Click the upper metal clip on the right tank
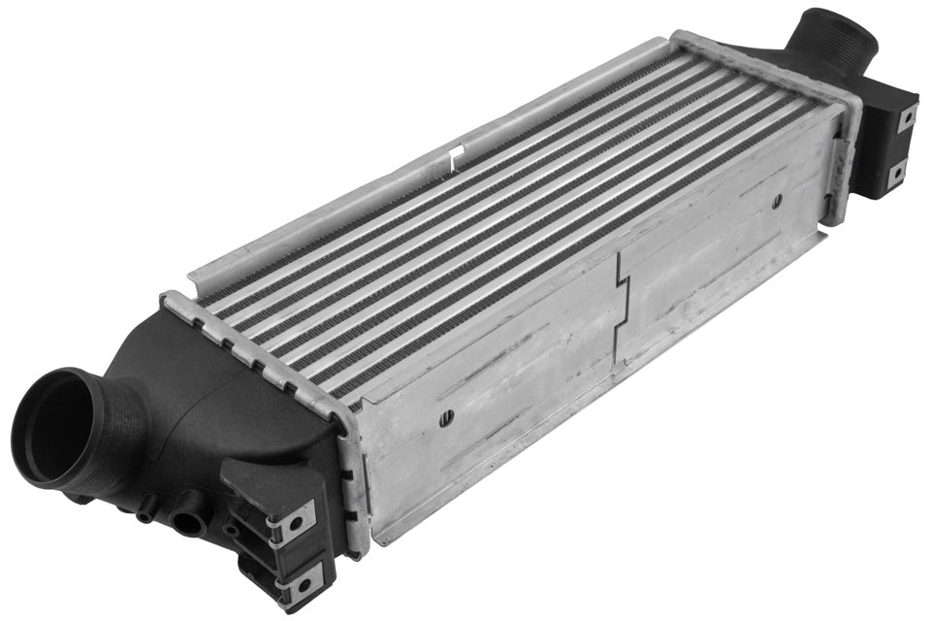point(906,118)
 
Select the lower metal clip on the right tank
point(896,175)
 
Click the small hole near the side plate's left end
point(446,418)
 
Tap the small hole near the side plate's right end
point(777,202)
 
